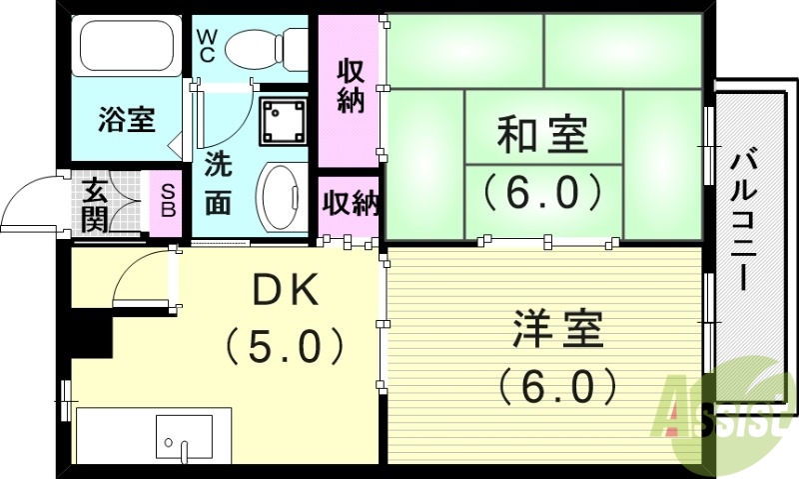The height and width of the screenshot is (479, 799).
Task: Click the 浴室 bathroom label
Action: [x=126, y=120]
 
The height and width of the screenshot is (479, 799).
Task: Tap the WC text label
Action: [x=207, y=46]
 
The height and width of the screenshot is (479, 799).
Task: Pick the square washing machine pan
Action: [x=285, y=120]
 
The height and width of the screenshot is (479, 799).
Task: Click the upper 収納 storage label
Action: [x=349, y=88]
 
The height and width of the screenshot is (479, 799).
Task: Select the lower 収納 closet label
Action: [x=349, y=203]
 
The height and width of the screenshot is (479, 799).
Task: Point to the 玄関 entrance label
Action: [x=95, y=204]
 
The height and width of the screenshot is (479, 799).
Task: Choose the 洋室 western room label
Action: [x=557, y=330]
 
